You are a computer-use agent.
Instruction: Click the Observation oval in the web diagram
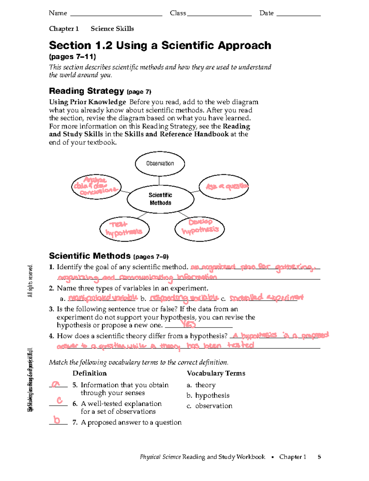tap(160, 164)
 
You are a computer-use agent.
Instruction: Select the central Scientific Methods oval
tap(161, 199)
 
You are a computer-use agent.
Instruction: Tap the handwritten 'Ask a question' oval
tap(224, 187)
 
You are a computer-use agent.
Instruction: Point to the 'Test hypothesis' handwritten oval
tap(124, 229)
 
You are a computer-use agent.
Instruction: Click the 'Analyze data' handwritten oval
tap(96, 186)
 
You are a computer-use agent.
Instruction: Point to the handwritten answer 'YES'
tap(188, 324)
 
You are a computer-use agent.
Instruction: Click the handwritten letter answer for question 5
tap(56, 384)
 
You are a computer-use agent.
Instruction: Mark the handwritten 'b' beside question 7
tap(57, 420)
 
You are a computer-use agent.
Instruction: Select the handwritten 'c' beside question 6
tap(60, 400)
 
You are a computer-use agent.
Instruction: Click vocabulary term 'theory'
tap(205, 385)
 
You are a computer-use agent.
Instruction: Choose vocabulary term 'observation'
tap(213, 406)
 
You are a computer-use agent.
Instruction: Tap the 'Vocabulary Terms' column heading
tap(216, 373)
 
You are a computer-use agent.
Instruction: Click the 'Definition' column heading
tap(89, 373)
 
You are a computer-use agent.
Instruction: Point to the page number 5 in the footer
tap(319, 457)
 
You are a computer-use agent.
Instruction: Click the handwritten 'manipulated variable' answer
tap(103, 298)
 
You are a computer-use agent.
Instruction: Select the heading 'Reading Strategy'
tap(86, 91)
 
